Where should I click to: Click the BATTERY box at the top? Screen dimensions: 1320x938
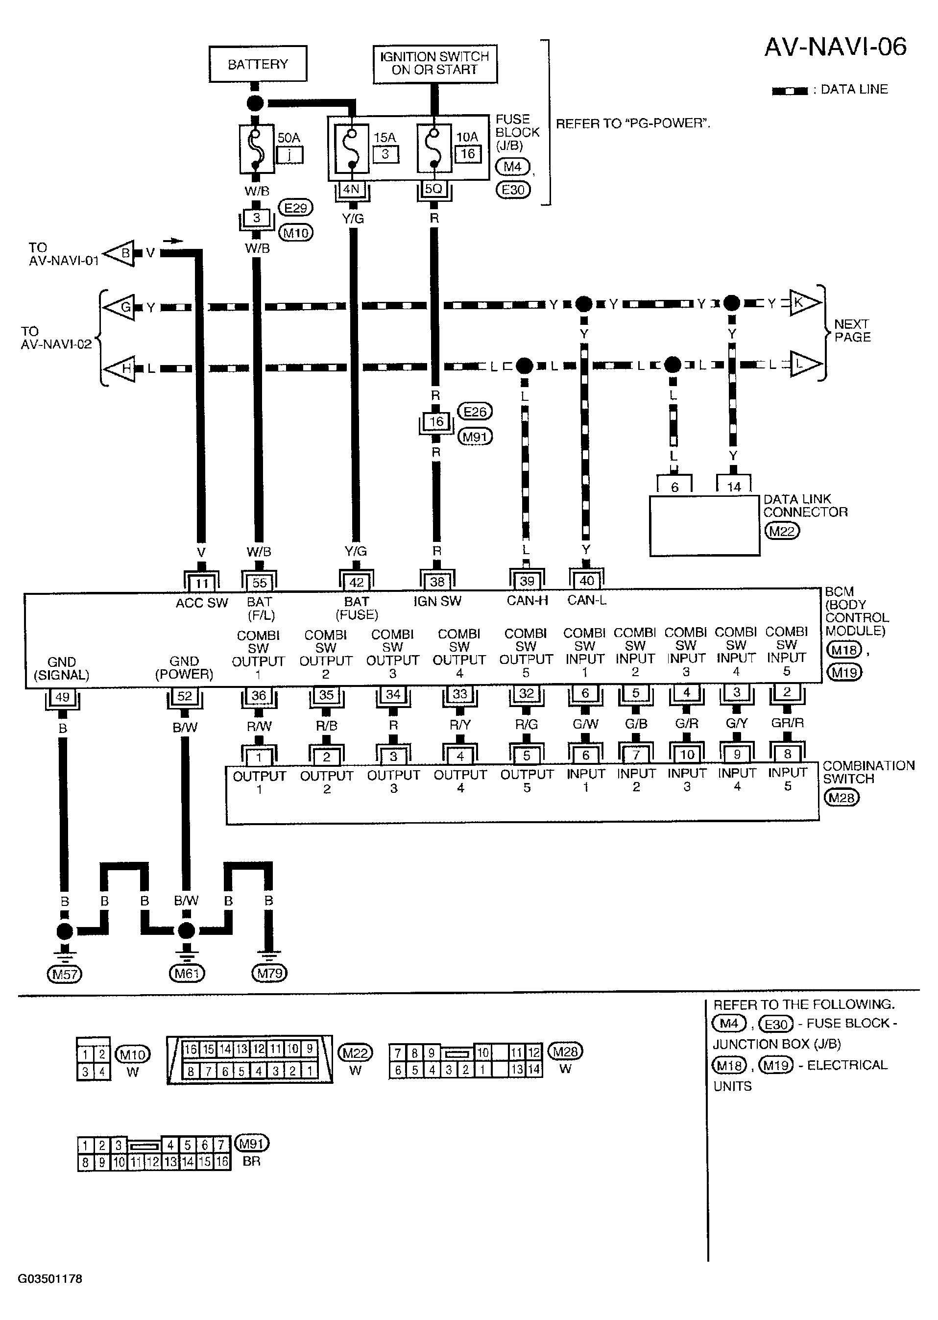[258, 64]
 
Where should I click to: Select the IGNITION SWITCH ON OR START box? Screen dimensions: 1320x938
[434, 64]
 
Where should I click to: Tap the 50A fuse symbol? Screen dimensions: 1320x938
[257, 149]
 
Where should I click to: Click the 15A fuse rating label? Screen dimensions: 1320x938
[385, 138]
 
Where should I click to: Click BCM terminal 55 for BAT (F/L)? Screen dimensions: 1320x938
[259, 582]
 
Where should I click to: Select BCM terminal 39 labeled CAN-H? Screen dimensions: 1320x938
[527, 581]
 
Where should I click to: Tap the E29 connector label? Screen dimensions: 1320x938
[296, 207]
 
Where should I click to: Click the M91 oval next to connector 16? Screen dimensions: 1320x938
[475, 437]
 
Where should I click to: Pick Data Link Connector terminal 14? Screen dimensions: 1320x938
[734, 487]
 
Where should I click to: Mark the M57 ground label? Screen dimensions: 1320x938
[65, 975]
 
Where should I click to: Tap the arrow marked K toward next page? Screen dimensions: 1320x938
[804, 303]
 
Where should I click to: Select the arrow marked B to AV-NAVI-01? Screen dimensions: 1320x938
[120, 253]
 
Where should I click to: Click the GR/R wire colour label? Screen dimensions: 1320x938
[787, 723]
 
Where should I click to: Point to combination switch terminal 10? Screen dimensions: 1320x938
[687, 755]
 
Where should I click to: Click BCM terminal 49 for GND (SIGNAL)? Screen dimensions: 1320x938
[62, 697]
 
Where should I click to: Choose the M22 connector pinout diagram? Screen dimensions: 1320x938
[249, 1059]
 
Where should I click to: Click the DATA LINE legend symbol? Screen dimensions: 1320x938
[790, 91]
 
